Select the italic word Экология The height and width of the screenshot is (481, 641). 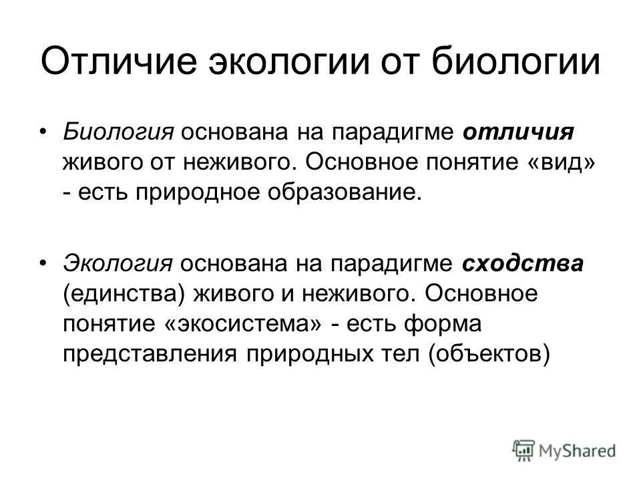tap(118, 263)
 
